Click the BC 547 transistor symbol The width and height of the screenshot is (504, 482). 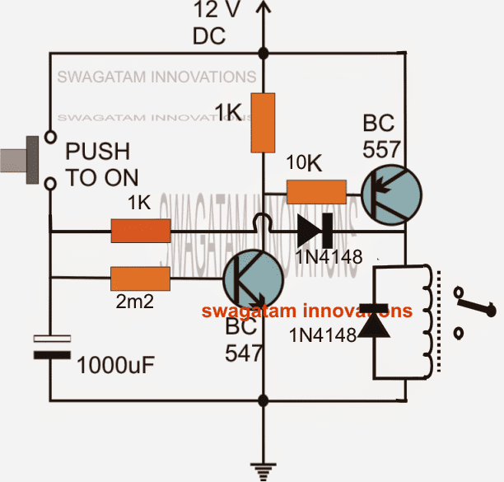(253, 279)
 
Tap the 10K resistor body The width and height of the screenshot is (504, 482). (316, 192)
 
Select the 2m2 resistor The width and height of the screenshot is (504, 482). (140, 279)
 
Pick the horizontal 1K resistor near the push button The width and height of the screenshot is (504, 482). (141, 232)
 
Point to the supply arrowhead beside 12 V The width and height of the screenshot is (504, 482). (263, 7)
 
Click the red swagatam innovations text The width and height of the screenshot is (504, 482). (307, 311)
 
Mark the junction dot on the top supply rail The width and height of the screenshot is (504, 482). (263, 54)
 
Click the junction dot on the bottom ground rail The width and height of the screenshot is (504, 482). (263, 401)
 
